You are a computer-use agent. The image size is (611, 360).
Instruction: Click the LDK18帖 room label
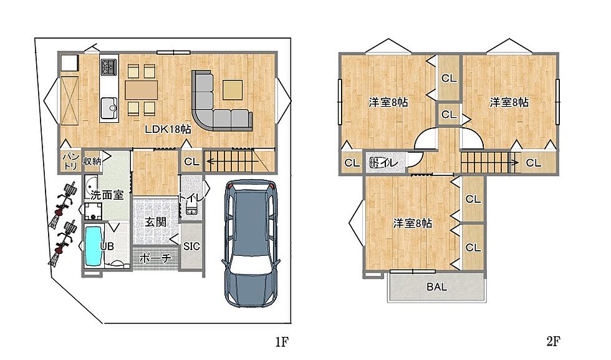click(x=168, y=129)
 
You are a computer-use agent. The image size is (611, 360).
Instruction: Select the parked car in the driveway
click(x=251, y=243)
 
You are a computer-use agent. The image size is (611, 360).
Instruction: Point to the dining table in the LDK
click(x=142, y=90)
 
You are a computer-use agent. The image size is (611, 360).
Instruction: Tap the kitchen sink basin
click(x=109, y=108)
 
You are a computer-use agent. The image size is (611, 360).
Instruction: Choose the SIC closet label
click(x=192, y=246)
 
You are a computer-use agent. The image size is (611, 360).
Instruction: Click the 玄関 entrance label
click(x=155, y=222)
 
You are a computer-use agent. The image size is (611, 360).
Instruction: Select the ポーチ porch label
click(x=155, y=258)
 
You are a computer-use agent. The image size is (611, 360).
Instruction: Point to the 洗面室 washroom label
click(x=107, y=195)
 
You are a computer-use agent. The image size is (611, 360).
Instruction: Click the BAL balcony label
click(x=436, y=287)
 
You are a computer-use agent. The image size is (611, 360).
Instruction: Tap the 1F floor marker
click(x=282, y=342)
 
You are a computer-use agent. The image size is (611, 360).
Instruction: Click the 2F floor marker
click(x=554, y=342)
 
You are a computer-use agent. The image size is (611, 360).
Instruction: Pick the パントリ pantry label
click(x=71, y=161)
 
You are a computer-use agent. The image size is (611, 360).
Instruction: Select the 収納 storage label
click(x=92, y=161)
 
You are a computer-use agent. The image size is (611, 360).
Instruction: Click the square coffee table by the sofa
click(x=233, y=90)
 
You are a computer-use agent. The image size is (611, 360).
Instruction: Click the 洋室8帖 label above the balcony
click(x=413, y=223)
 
